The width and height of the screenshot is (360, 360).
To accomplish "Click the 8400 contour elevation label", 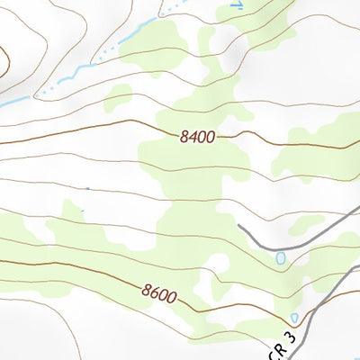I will pos(197,136).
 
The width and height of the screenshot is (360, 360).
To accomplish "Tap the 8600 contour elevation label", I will pos(158,292).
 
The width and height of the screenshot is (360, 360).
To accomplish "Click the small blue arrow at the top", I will pos(238,5).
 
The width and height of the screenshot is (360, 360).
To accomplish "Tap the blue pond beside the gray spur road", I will pos(280,258).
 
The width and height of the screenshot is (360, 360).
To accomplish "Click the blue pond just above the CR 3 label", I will pos(295,318).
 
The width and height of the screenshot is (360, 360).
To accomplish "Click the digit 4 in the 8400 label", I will pos(191,136).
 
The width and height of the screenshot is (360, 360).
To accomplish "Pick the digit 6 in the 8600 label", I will pos(154,291).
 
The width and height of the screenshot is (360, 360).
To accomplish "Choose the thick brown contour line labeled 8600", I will pos(72,270).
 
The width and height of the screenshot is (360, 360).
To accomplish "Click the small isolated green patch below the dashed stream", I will pos(117,98).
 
